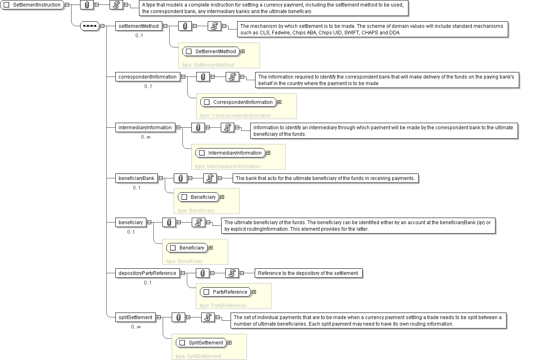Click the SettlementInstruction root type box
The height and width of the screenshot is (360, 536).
pos(32,5)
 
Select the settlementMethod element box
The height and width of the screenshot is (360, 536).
pos(139,26)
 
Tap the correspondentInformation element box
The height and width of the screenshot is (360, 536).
pos(148,77)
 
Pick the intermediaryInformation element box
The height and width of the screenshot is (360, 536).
pos(145,128)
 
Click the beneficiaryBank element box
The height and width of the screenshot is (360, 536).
pos(137,178)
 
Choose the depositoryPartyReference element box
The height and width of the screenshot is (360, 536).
pos(148,273)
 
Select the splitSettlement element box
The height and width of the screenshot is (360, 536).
pos(135,317)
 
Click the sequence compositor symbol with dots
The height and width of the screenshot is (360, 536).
pos(90,26)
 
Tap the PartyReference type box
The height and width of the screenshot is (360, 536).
pos(226,292)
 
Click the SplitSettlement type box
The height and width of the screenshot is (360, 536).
pos(201,343)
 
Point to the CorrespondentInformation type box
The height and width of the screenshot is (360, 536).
pos(238,102)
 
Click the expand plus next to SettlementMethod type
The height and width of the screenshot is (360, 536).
pos(242,52)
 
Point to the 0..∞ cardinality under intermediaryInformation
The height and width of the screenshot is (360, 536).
pos(146,137)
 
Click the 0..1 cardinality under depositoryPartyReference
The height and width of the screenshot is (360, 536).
pos(148,283)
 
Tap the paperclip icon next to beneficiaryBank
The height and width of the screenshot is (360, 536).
pos(180,178)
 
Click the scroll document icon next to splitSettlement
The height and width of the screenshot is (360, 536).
pos(208,317)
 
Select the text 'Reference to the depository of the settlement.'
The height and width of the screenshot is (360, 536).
pos(308,273)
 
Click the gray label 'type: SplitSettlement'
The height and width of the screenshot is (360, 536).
pos(198,356)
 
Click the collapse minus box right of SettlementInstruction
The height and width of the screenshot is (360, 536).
pos(67,5)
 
